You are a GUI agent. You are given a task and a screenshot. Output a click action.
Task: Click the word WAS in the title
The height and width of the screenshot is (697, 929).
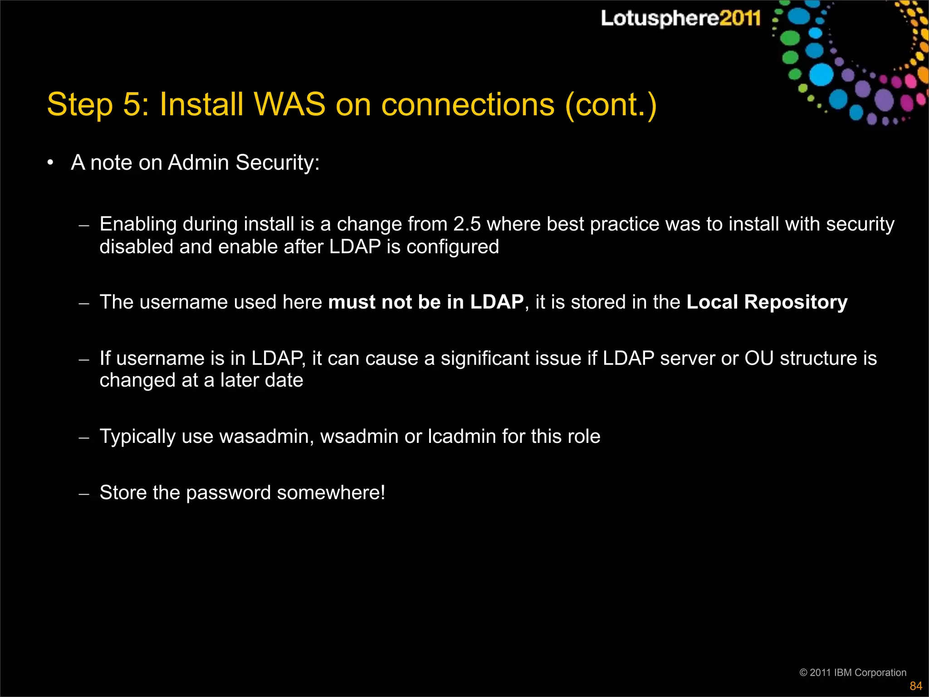289,104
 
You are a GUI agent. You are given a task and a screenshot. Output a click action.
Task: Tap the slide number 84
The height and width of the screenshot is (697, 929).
916,686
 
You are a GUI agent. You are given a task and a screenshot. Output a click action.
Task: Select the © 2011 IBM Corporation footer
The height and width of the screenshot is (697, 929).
853,672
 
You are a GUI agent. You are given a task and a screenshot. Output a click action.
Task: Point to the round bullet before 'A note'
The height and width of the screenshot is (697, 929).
51,163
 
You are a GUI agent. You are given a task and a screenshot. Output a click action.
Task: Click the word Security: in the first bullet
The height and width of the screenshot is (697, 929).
278,162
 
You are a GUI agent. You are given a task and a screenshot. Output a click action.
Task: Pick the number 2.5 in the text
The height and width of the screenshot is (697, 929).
467,224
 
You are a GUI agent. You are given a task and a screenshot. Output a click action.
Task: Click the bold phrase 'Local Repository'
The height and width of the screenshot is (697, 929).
767,302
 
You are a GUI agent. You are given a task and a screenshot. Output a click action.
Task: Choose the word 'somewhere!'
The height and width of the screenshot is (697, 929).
331,493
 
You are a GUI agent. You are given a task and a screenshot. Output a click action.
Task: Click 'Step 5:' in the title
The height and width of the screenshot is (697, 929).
98,104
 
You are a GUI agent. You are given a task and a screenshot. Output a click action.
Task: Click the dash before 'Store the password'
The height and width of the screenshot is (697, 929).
84,493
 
